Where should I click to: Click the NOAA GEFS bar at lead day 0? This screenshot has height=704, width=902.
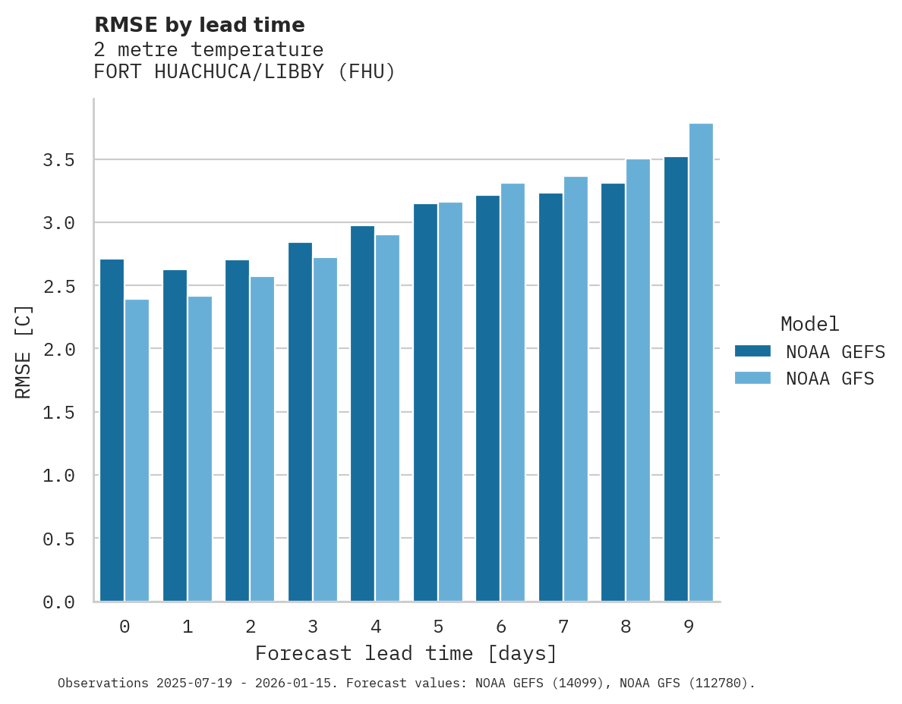click(112, 430)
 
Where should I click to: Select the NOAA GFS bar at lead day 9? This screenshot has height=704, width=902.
click(701, 362)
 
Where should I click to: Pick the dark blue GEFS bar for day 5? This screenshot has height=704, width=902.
click(425, 402)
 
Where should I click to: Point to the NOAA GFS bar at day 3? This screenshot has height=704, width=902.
click(325, 429)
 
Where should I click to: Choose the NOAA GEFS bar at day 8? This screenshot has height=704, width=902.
click(613, 392)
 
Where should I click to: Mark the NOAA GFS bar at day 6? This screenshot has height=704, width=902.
click(512, 392)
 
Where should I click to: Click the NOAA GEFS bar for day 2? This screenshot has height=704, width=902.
click(237, 430)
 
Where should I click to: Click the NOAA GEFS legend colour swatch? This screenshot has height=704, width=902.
click(752, 351)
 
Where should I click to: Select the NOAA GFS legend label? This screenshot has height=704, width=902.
click(830, 379)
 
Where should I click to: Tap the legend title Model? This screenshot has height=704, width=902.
click(809, 324)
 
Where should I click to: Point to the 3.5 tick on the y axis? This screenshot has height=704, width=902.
click(58, 160)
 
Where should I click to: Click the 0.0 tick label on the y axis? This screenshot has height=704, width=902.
click(58, 602)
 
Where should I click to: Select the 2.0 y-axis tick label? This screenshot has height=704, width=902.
click(58, 350)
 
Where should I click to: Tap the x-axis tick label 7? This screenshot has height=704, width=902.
click(563, 627)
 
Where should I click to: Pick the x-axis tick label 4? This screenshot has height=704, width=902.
click(375, 627)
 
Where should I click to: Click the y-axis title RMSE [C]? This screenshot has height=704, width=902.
click(24, 351)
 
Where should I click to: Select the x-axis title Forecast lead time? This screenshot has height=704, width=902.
click(405, 653)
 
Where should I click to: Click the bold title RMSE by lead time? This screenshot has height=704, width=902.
click(199, 25)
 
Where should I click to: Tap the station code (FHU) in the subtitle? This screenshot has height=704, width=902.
click(367, 72)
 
